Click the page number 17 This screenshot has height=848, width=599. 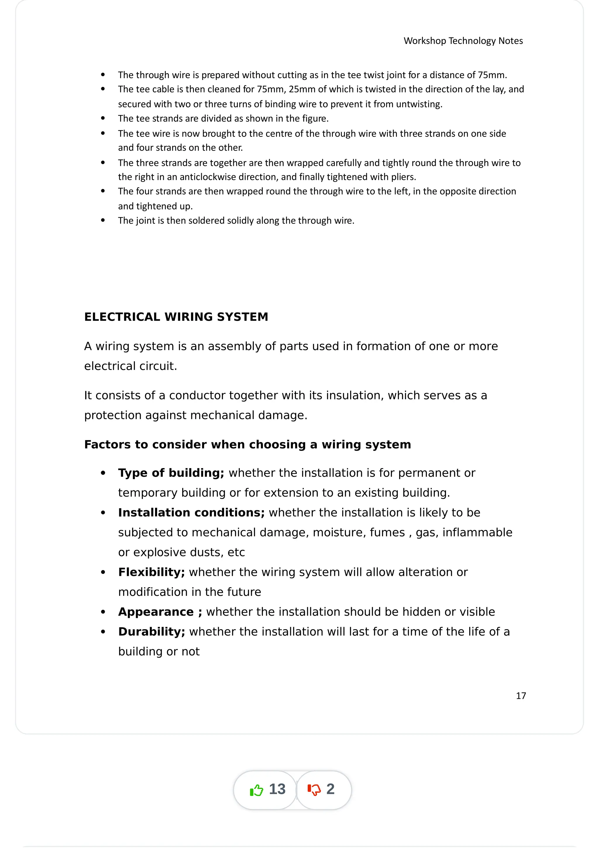point(520,696)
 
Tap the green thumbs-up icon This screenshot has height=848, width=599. point(257,790)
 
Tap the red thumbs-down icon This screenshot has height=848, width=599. point(314,790)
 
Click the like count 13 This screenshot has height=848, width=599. point(277,789)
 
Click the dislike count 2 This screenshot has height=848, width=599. point(330,789)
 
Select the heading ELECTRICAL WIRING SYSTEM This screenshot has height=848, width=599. point(176,317)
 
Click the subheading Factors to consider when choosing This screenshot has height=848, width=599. point(247,444)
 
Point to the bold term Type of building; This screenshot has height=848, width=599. point(171,473)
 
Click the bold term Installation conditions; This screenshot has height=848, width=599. point(191,513)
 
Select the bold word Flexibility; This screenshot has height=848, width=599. point(151,572)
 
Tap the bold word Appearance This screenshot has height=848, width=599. point(156,612)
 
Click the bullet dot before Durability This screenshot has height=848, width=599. point(103,632)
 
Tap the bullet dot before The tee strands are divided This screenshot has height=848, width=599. point(103,119)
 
